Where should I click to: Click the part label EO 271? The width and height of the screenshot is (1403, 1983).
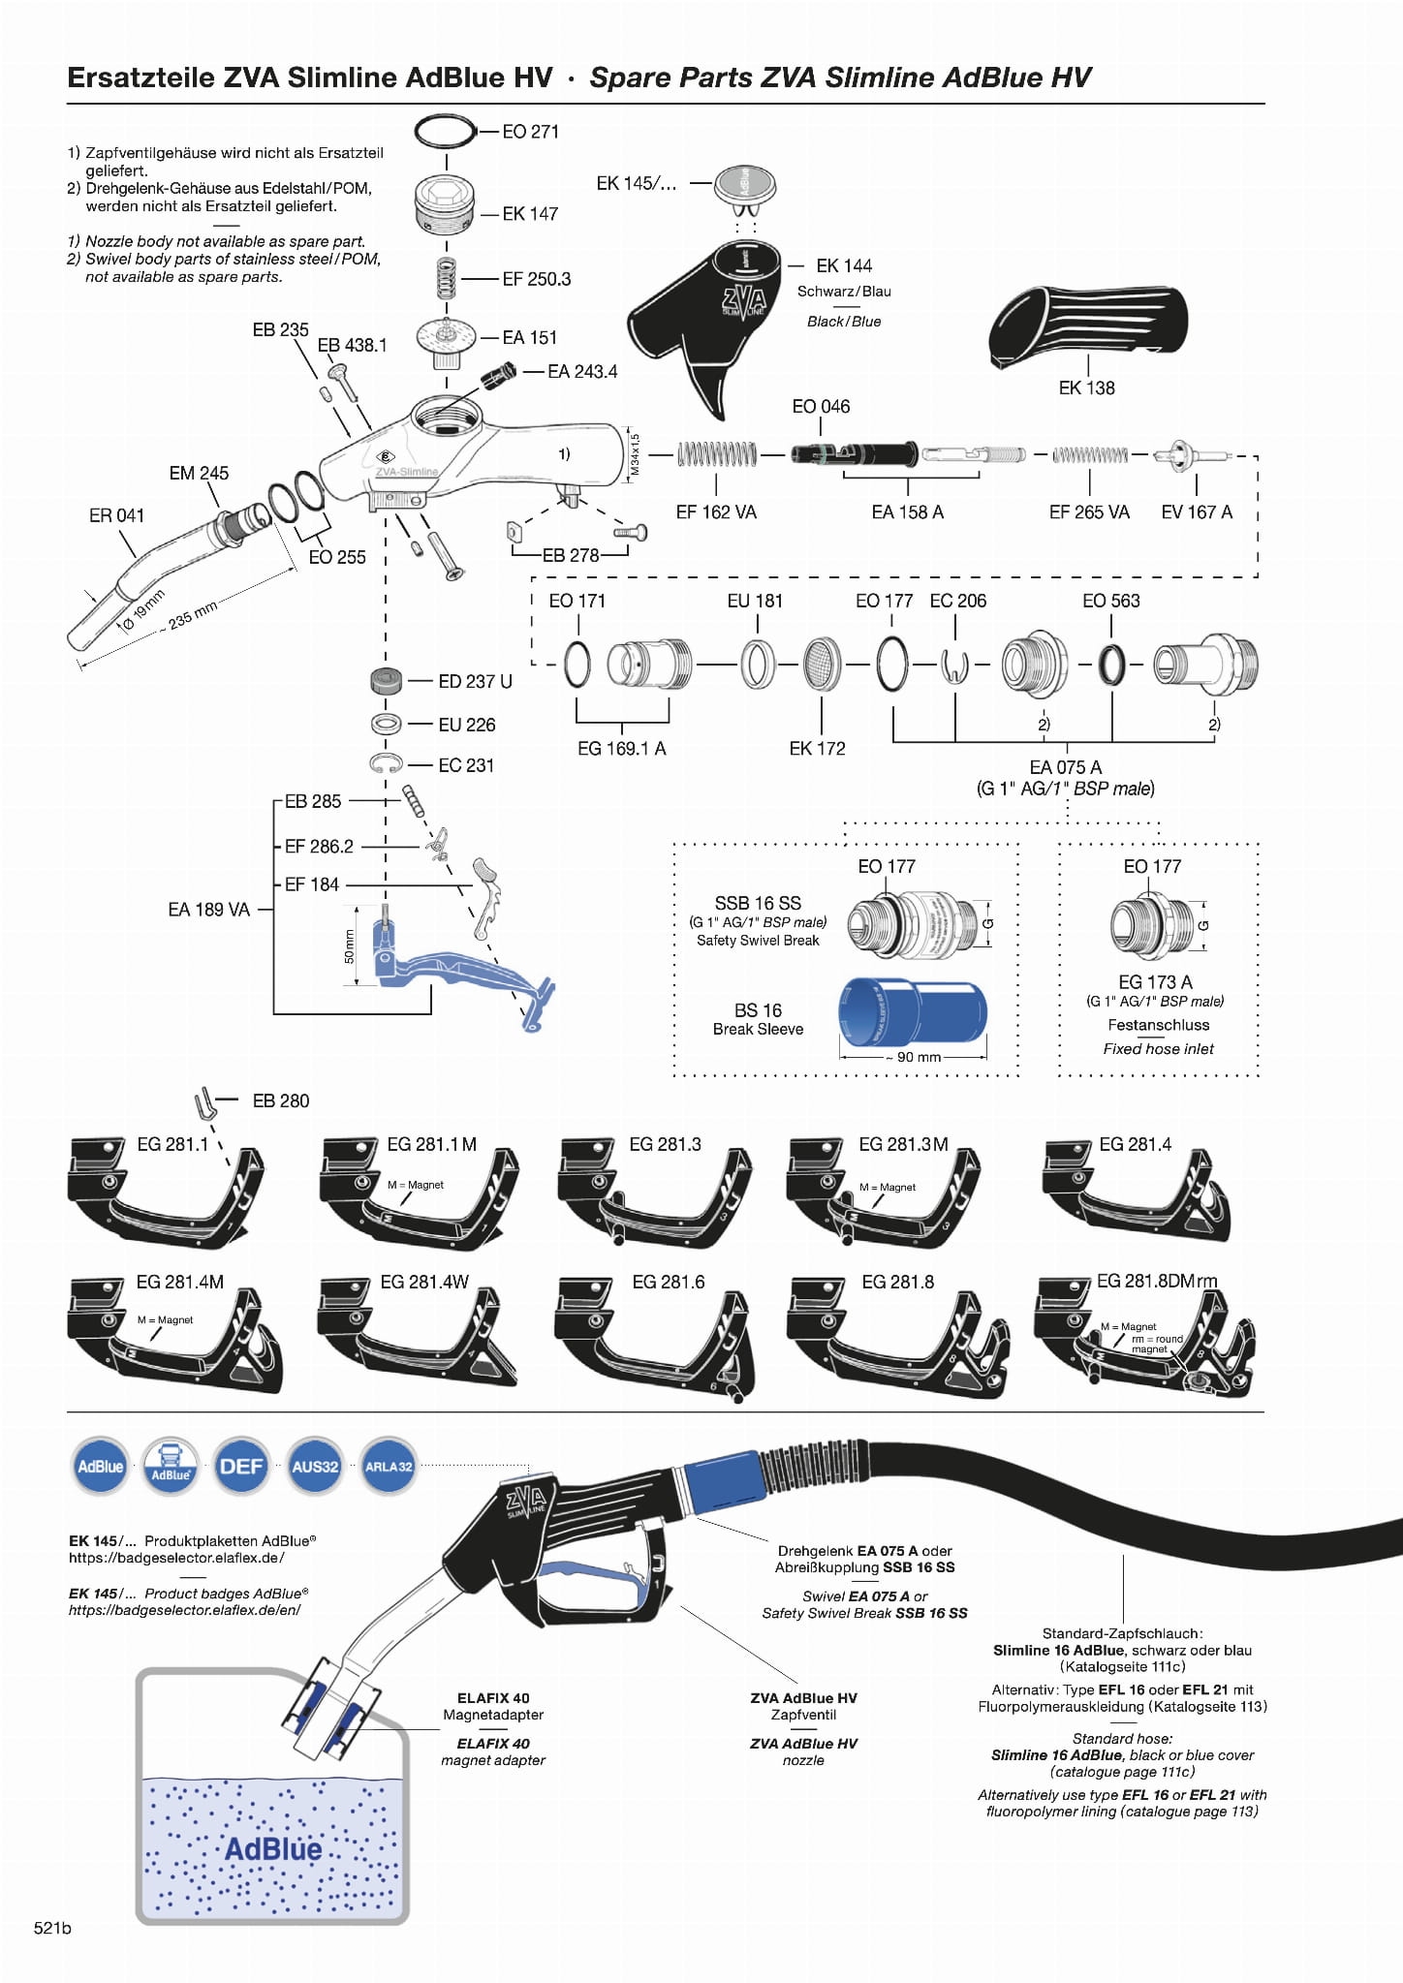tap(530, 132)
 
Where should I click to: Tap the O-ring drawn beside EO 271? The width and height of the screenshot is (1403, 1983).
tap(446, 130)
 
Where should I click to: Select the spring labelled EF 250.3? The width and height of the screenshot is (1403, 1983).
tap(446, 279)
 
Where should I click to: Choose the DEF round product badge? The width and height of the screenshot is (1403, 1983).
tap(241, 1466)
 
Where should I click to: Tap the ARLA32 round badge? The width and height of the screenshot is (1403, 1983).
tap(389, 1466)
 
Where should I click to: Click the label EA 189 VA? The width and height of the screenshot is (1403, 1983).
tap(208, 910)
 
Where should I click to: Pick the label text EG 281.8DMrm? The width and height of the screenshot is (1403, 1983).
tap(1156, 1281)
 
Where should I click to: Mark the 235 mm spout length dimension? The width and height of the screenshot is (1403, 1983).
tap(192, 615)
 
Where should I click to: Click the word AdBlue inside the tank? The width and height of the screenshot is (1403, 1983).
tap(273, 1848)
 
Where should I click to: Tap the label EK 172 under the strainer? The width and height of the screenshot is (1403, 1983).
tap(817, 748)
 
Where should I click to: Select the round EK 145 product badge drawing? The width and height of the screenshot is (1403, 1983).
tap(745, 183)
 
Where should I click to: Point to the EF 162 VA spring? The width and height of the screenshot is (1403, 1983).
tap(717, 453)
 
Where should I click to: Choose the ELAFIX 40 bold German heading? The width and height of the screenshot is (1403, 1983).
tap(493, 1698)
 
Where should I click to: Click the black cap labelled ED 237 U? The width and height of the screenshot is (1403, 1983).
tap(386, 681)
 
